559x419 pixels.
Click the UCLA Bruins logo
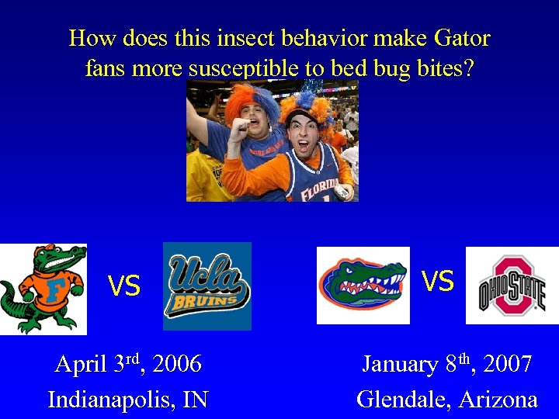point(207,286)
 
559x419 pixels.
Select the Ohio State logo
point(512,285)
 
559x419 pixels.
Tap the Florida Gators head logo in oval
point(363,285)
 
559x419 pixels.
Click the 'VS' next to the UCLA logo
point(123,287)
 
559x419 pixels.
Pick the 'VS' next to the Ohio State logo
point(437,281)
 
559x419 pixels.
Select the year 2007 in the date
point(506,363)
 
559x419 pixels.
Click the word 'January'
point(400,363)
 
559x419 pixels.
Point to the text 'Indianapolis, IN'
point(128,399)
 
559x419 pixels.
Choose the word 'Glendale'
point(404,399)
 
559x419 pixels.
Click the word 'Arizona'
point(498,399)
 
